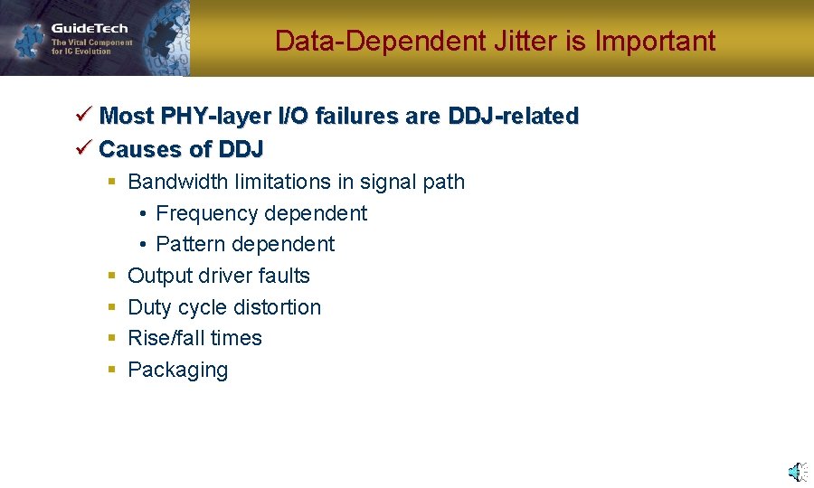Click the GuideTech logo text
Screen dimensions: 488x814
coord(90,28)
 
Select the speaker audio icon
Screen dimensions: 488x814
coord(796,472)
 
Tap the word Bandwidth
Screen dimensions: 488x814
coord(177,182)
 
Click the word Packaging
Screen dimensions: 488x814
coord(177,370)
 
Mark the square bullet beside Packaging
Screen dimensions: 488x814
coord(111,370)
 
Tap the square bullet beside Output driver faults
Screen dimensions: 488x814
coord(111,276)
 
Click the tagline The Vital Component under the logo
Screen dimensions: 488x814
coord(91,42)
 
